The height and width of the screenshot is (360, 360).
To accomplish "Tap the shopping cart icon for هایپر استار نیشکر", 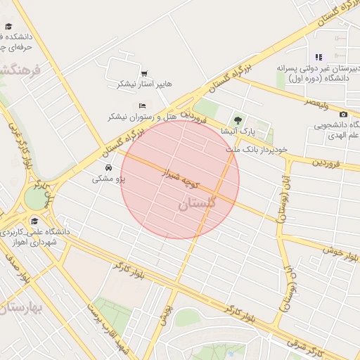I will (144, 73).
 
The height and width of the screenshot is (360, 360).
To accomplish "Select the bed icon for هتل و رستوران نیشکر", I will (142, 105).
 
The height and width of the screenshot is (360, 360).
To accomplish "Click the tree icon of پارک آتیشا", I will (238, 120).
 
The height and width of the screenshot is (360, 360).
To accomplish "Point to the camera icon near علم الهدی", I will (343, 115).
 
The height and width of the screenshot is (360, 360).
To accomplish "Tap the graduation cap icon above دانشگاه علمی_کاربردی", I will (34, 221).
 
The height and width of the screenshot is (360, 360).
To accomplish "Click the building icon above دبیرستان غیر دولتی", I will (319, 57).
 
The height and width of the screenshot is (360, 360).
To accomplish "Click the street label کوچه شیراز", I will (181, 177).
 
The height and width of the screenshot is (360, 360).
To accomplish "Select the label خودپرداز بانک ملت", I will (257, 150).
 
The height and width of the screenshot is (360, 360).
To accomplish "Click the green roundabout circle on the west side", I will (34, 199).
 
